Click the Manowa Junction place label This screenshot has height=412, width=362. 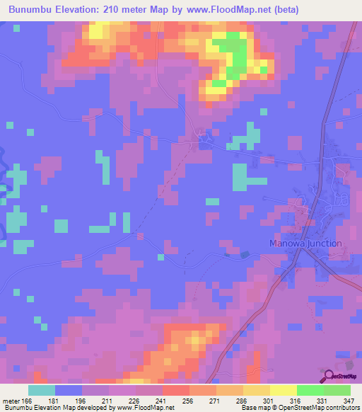[305, 244]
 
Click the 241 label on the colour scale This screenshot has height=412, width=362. [161, 400]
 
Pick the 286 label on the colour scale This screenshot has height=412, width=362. [242, 400]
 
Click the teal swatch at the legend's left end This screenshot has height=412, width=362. [42, 390]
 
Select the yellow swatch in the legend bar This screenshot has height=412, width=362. [283, 390]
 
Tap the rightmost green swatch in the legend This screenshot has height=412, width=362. [337, 390]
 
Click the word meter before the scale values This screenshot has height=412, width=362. [12, 400]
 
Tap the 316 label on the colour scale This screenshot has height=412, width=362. [296, 400]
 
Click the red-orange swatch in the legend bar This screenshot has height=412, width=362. [175, 390]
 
